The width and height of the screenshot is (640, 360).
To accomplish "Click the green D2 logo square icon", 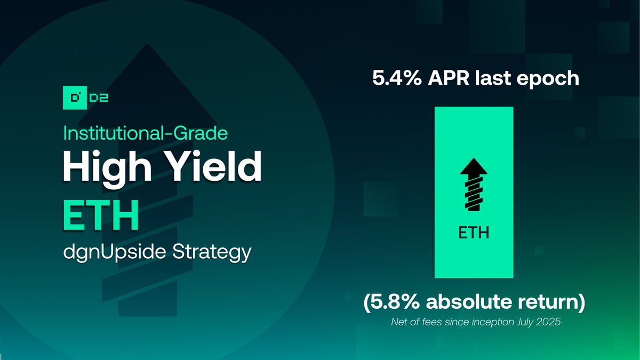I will pos(75,97).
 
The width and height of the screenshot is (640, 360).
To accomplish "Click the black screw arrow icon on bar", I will pos(474,183).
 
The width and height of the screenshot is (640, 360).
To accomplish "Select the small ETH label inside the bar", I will pos(474,233).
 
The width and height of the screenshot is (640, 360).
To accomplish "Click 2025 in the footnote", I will pos(549,323).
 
